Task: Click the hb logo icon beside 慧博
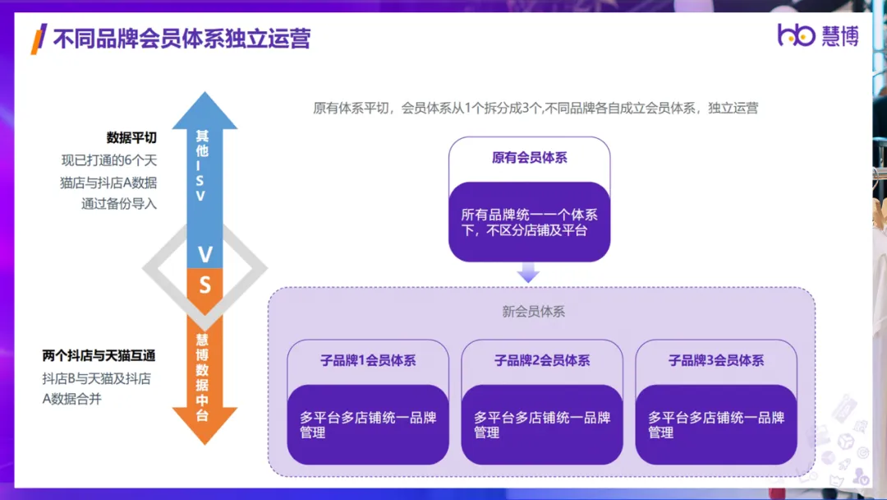tap(796, 35)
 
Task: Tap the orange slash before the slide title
tap(39, 39)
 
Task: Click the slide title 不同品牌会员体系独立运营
tap(182, 39)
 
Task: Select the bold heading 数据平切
tap(131, 137)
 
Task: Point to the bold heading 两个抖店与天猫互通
tap(99, 355)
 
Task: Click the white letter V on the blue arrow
tap(205, 255)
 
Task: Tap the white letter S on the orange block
tap(205, 285)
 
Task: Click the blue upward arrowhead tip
tap(205, 92)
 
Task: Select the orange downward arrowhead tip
tap(205, 444)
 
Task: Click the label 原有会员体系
tap(530, 158)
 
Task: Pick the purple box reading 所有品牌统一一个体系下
tap(530, 222)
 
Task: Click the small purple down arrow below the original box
tap(528, 272)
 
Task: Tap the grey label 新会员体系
tap(534, 312)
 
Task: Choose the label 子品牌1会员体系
tap(368, 361)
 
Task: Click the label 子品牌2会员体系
tap(542, 361)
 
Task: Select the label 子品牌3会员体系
tap(716, 361)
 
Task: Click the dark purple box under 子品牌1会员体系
tap(368, 424)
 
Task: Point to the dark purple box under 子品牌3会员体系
tap(716, 424)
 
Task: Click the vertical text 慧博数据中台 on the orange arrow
tap(202, 377)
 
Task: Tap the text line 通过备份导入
tap(119, 204)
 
